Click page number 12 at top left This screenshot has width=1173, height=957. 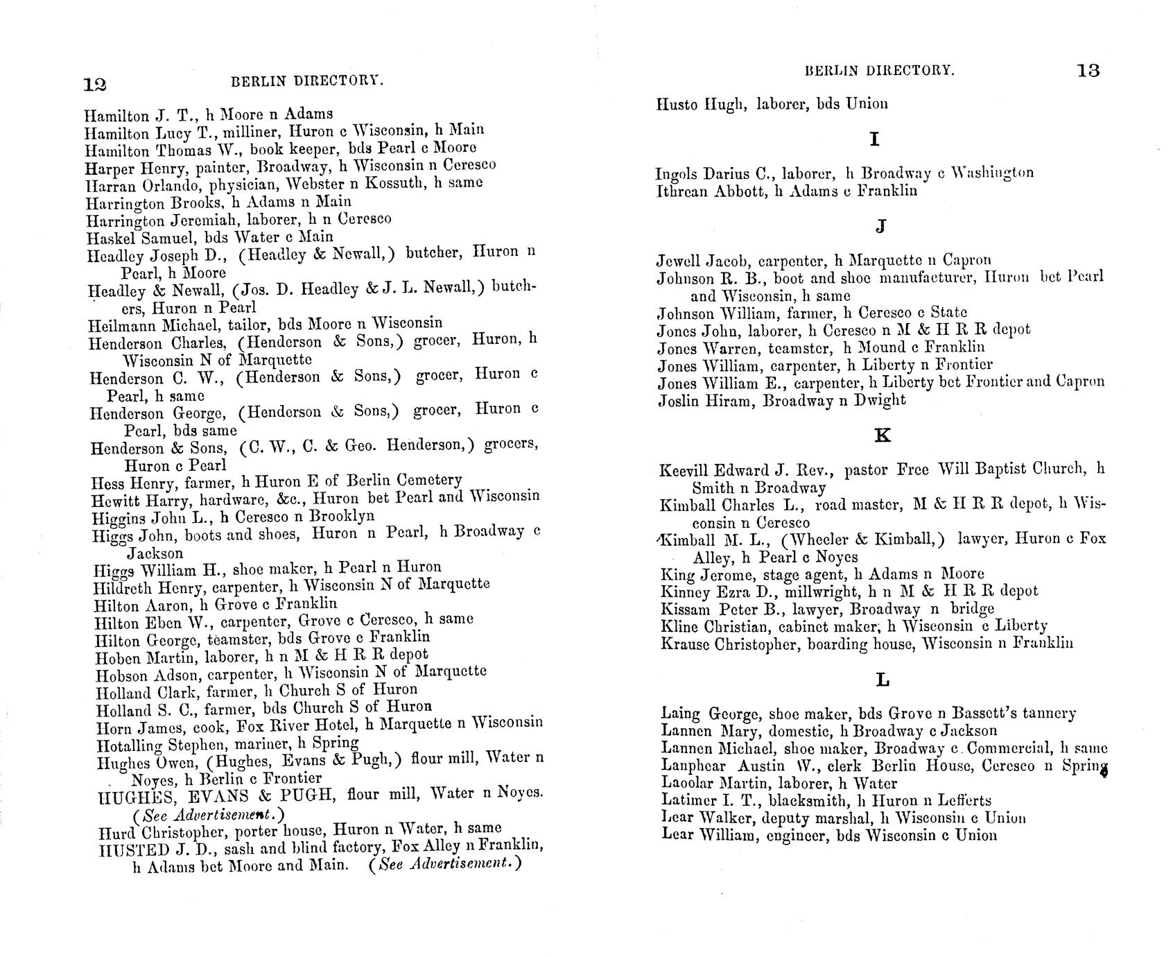tap(94, 85)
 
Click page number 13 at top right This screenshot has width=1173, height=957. tap(1089, 71)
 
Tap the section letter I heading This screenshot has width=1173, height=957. tap(875, 139)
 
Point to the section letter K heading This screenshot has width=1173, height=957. tap(883, 436)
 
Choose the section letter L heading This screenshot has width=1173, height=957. tap(883, 680)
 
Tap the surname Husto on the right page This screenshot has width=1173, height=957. tap(676, 105)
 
